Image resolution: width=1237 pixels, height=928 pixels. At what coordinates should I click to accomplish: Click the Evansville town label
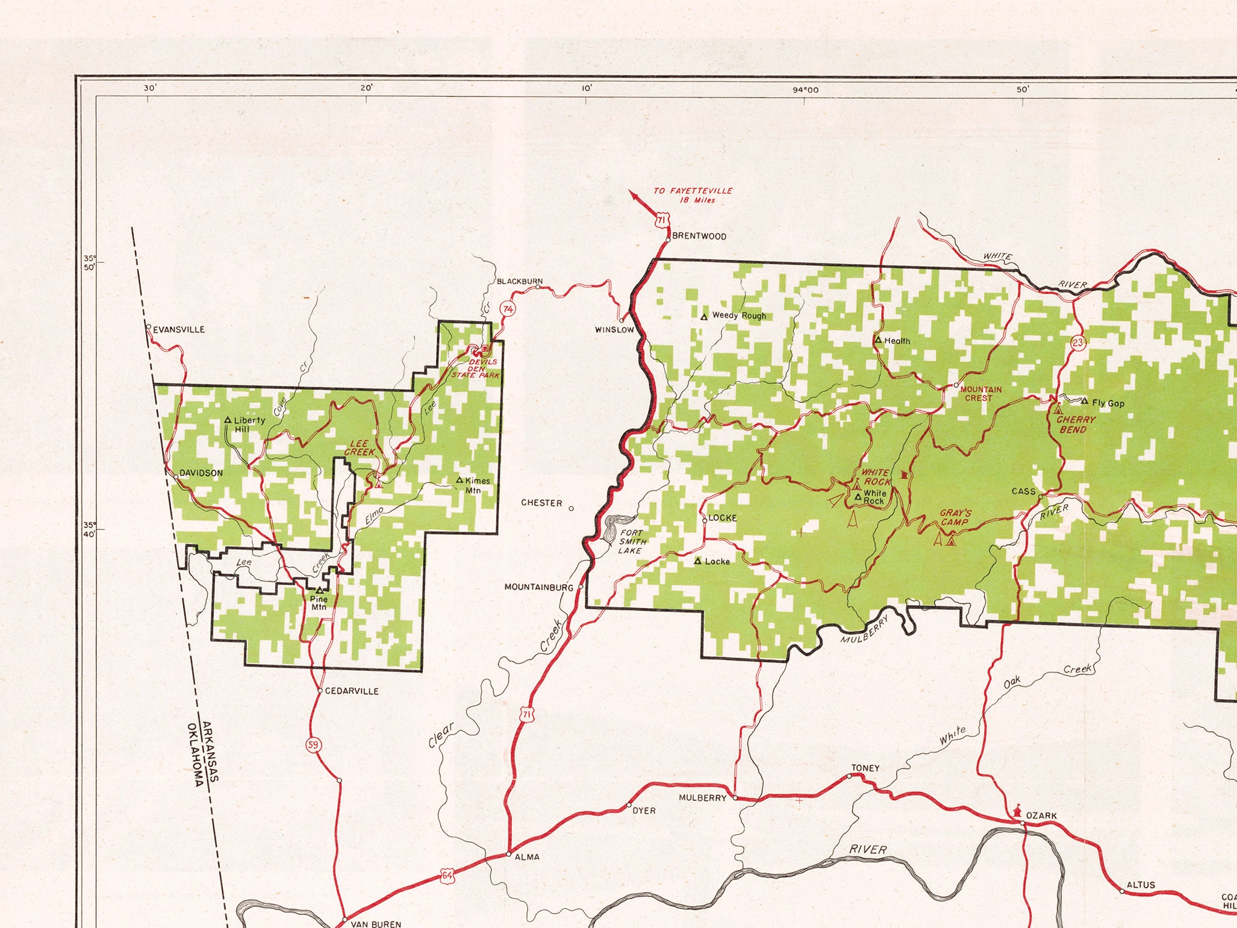pos(179,329)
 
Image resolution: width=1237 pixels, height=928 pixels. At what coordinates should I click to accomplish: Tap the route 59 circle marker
pos(313,745)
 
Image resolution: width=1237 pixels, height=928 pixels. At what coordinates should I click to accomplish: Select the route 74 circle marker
pos(509,310)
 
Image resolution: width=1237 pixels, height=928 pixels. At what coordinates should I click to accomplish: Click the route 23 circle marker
pos(1078,343)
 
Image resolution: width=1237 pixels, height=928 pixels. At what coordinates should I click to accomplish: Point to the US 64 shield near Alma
pos(446,875)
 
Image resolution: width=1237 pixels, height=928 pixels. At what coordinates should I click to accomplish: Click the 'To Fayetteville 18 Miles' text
pos(693,195)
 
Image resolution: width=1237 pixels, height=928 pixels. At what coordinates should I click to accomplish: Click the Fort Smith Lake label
pos(631,541)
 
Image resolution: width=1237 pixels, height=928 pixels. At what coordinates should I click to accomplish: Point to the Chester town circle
pos(572,508)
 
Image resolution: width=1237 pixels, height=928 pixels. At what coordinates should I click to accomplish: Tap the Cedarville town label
pos(352,691)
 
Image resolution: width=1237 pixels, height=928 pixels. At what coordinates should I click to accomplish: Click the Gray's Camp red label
pos(955,518)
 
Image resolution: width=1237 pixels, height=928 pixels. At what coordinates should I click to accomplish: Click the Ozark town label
pos(1041,815)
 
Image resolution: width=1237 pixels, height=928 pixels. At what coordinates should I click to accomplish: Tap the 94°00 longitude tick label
pos(805,90)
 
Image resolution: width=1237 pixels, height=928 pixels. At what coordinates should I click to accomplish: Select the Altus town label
pos(1141,885)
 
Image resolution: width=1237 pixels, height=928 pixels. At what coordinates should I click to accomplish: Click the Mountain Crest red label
pos(981,393)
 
